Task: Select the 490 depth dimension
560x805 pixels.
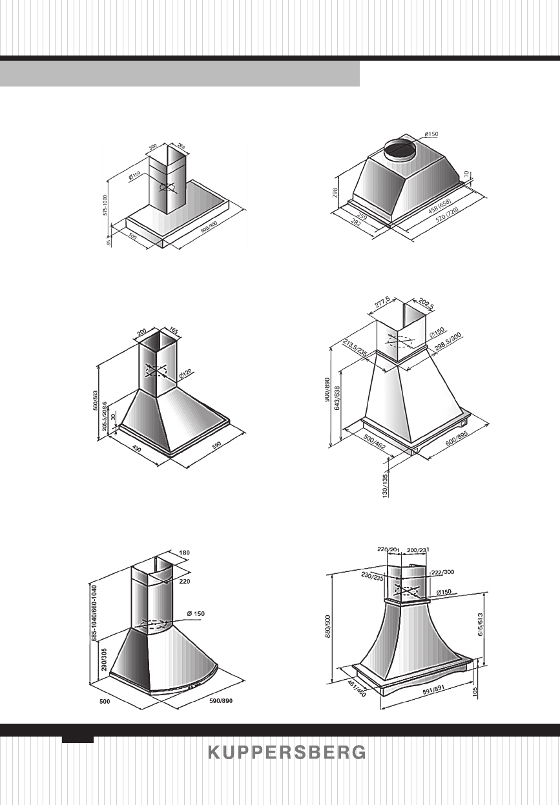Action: (x=136, y=449)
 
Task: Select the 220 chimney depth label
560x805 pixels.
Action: (x=185, y=581)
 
